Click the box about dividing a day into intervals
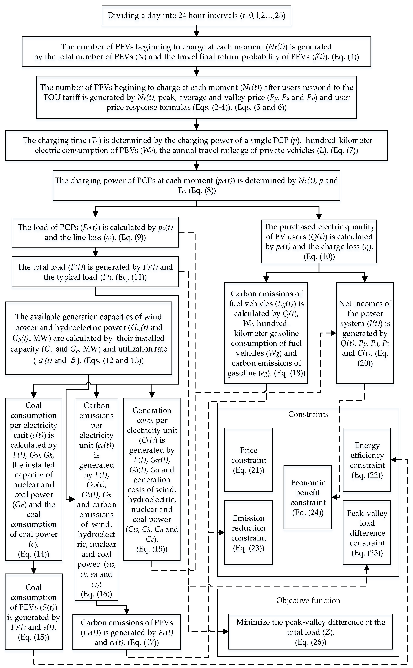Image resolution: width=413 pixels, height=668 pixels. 196,15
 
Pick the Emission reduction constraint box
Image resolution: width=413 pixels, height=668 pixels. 248,533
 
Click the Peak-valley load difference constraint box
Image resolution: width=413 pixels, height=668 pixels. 367,533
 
